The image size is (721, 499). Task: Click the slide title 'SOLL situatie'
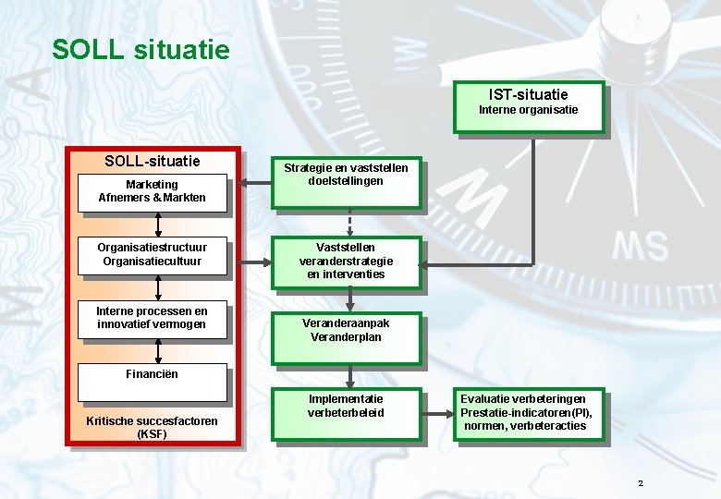coord(141,48)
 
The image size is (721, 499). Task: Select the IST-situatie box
coord(529,107)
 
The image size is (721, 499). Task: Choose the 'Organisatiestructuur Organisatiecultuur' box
coord(153,254)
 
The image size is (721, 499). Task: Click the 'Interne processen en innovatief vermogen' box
coord(153,318)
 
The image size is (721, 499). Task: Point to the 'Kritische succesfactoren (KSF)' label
coord(153,427)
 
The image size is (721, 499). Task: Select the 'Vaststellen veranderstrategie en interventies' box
coord(347,262)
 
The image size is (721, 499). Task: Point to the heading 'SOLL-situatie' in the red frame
coord(153,161)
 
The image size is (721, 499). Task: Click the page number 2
coord(641,484)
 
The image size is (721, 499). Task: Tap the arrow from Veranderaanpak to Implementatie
coord(350,375)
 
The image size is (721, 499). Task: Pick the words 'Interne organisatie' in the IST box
coord(529,110)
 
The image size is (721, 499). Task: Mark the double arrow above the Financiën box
coord(159,350)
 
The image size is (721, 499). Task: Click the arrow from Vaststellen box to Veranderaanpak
coord(350,300)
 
